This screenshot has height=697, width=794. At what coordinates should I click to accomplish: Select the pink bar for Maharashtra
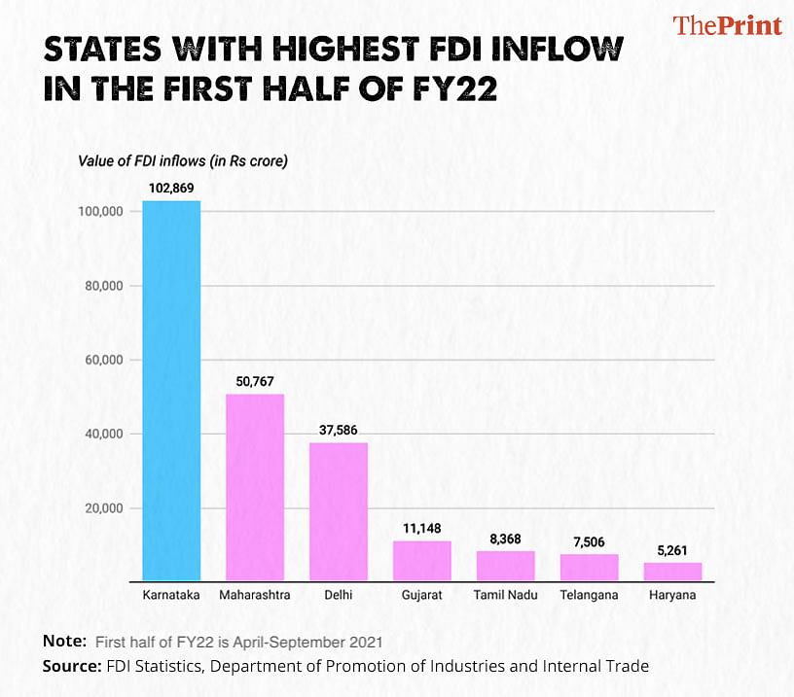tap(255, 487)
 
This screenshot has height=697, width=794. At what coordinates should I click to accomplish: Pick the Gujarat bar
tap(422, 561)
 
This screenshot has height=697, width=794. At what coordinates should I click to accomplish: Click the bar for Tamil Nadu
tap(505, 566)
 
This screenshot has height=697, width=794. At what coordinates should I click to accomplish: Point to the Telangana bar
tap(589, 568)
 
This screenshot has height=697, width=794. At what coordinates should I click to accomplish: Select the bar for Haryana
tap(672, 572)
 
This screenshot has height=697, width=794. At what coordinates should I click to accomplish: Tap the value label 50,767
tap(255, 380)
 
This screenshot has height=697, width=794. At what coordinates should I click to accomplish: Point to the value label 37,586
tap(339, 429)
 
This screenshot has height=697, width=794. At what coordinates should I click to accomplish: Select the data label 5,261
tap(672, 548)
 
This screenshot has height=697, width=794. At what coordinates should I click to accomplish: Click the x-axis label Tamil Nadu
tap(505, 595)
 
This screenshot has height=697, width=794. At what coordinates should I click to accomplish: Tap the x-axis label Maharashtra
tap(255, 595)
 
